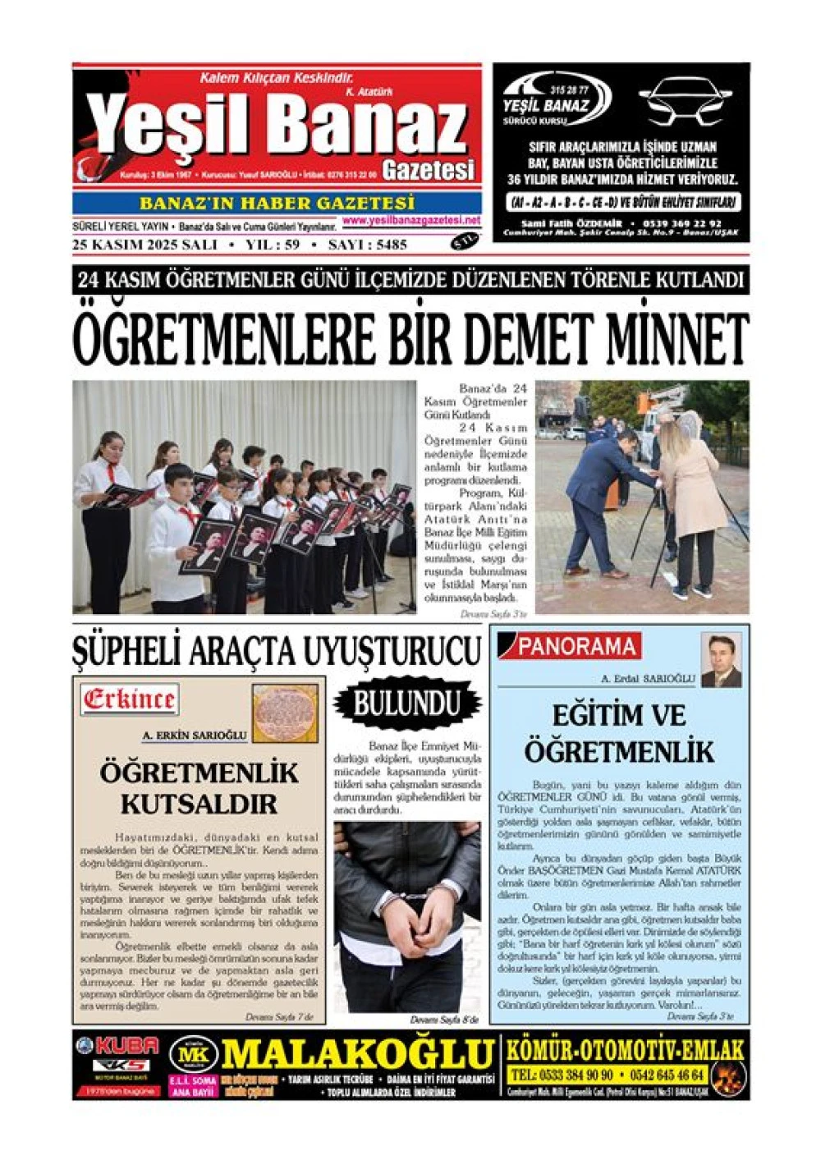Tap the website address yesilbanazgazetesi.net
point(411,221)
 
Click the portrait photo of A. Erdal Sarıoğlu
point(721,660)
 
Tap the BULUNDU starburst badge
point(406,704)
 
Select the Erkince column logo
point(129,699)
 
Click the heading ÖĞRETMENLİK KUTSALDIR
point(200,787)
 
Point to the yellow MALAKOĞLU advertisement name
point(357,1053)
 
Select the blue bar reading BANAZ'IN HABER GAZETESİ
point(277,203)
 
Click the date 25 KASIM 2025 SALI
point(144,245)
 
